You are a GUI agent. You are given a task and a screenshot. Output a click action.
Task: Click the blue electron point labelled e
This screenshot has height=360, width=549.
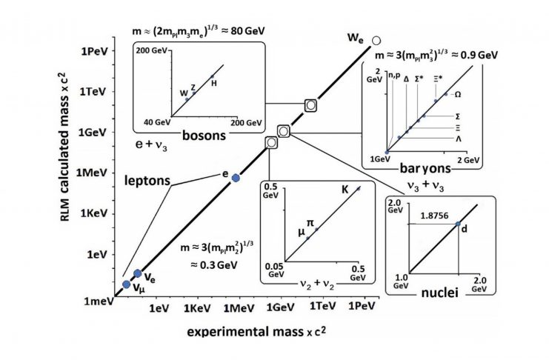click(x=236, y=178)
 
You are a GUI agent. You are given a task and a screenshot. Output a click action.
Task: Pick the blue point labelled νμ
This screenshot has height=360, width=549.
click(x=126, y=284)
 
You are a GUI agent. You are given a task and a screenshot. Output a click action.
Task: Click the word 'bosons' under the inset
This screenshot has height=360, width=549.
click(x=203, y=135)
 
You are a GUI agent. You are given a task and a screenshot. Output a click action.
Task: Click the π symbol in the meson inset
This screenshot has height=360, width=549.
click(x=310, y=221)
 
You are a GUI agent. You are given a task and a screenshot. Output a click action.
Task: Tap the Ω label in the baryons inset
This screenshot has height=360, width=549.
click(x=457, y=95)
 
